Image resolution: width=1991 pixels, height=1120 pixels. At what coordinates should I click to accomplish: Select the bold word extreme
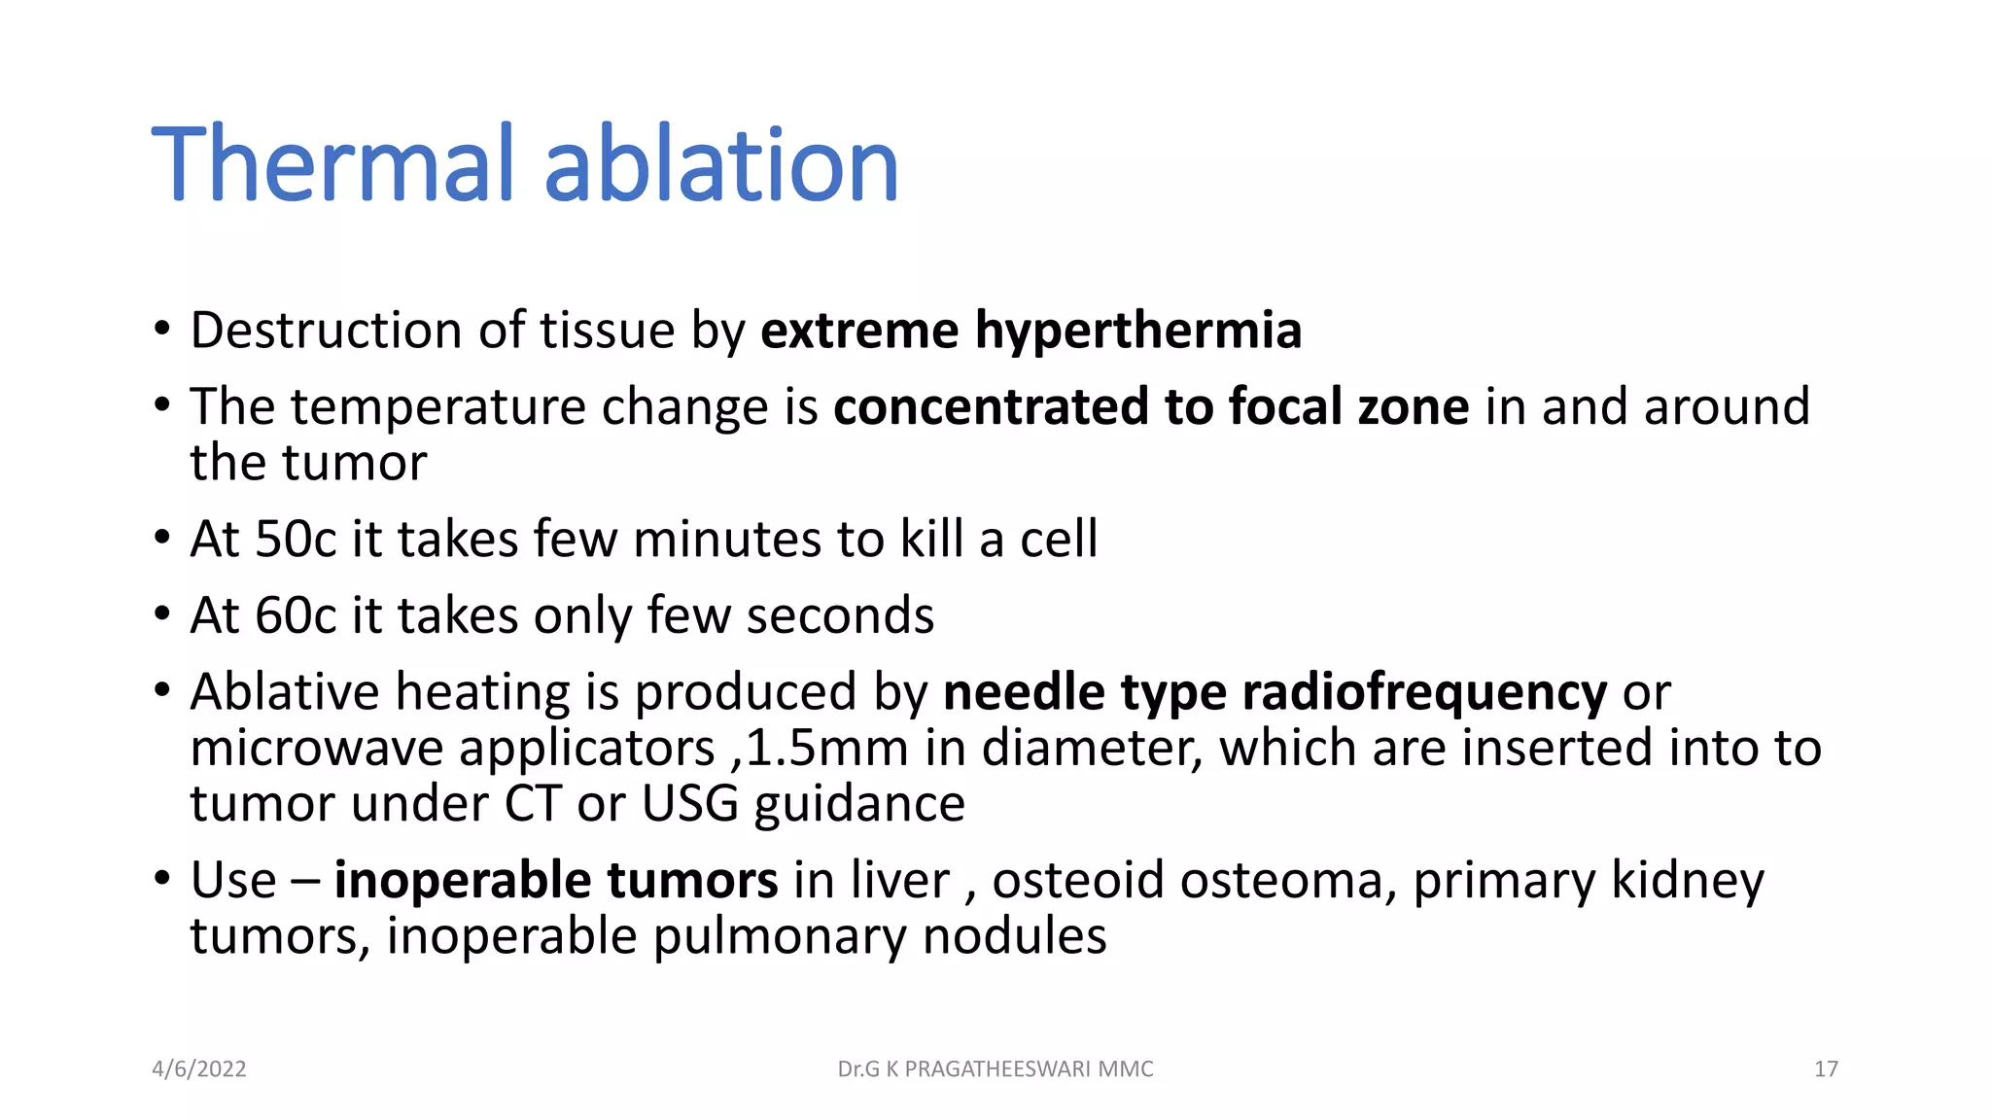[x=859, y=331]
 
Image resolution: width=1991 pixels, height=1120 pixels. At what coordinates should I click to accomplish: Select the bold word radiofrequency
[x=1424, y=692]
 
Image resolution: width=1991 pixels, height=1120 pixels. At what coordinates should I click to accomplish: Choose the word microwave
[x=316, y=749]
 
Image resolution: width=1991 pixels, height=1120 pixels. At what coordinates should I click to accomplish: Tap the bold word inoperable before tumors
[x=462, y=881]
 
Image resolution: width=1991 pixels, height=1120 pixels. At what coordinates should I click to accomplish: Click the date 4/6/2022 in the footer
[x=199, y=1069]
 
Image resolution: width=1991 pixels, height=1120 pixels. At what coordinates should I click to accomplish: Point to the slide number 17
[x=1826, y=1069]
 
